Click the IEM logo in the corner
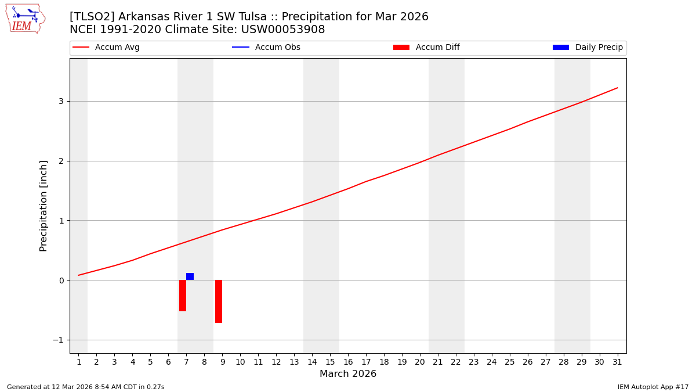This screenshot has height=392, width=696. tap(25, 19)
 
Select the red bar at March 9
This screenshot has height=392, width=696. tap(219, 301)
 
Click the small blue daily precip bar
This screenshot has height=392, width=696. tap(190, 276)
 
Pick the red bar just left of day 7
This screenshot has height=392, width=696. tap(183, 296)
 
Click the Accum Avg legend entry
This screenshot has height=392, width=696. tap(106, 48)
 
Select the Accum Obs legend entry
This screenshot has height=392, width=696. tap(266, 48)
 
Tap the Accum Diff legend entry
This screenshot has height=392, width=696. tap(426, 48)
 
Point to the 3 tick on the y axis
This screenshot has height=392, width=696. tap(60, 102)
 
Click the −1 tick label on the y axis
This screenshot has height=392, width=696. tap(57, 340)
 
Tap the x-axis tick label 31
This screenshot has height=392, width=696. tap(617, 362)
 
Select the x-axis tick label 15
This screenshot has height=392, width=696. tap(330, 362)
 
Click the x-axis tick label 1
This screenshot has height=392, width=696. tap(79, 362)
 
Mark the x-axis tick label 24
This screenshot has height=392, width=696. tap(492, 362)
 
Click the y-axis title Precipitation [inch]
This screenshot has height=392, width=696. tap(43, 206)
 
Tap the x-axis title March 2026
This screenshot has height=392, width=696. tap(348, 374)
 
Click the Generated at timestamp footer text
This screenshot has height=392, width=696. tap(86, 387)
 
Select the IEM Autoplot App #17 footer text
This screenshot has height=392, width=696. tap(653, 387)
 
